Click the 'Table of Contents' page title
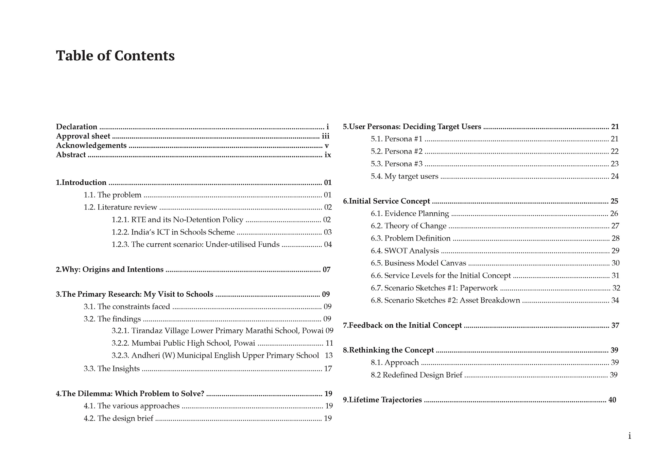(x=115, y=56)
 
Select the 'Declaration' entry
(x=77, y=127)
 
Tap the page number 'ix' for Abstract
(x=327, y=155)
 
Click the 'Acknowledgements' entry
(x=91, y=145)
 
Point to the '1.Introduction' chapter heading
(x=81, y=183)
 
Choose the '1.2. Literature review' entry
(x=120, y=207)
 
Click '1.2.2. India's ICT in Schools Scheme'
(x=173, y=232)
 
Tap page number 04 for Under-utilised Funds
(x=328, y=245)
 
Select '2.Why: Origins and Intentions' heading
(x=110, y=270)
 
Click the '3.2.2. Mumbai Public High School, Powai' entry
(x=183, y=343)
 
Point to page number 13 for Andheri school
(x=329, y=355)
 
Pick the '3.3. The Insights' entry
(x=112, y=369)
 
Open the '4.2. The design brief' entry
(x=118, y=419)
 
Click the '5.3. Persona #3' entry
(x=396, y=164)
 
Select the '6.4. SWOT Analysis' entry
(x=404, y=251)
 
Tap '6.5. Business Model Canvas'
(x=418, y=263)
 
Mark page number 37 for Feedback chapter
(x=615, y=325)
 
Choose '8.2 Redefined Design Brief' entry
(x=416, y=375)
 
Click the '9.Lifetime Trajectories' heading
(x=382, y=400)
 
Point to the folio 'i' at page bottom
(x=629, y=436)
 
